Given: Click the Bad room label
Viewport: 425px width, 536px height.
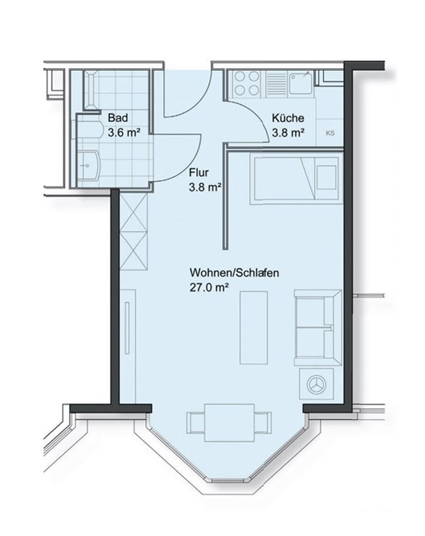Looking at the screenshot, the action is click(118, 118).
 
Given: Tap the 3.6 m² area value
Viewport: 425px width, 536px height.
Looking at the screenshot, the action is click(124, 132).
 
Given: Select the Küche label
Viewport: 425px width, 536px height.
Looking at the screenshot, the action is click(288, 118).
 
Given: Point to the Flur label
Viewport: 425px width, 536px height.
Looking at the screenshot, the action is click(199, 173).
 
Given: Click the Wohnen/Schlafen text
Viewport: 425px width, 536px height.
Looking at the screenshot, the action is click(234, 273).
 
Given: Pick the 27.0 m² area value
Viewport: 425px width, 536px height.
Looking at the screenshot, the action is click(209, 288).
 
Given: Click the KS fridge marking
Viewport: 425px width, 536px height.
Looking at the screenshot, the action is click(330, 133).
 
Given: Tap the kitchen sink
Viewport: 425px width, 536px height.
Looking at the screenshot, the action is click(300, 83).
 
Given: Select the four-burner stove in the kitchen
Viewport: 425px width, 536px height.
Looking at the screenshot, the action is click(246, 83).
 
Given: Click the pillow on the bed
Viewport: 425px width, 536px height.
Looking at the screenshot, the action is click(326, 177).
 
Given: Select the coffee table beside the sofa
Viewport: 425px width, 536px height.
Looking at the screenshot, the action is click(253, 327).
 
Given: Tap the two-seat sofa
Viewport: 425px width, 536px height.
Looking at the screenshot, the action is click(317, 328).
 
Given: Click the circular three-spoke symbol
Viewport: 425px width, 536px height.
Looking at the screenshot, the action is click(317, 384).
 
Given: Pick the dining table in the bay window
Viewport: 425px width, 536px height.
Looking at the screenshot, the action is click(230, 423).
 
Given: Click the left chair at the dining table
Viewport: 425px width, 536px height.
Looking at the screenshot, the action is click(196, 423).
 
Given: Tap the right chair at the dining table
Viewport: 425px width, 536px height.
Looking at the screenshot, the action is click(263, 423).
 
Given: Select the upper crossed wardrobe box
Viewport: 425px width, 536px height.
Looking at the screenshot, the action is click(134, 212).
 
